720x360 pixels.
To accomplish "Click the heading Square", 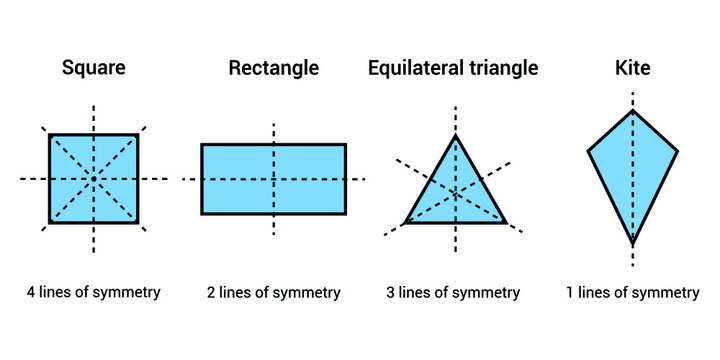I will [x=93, y=69].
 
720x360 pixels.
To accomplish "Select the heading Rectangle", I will [x=274, y=69].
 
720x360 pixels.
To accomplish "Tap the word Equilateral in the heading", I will [x=412, y=69].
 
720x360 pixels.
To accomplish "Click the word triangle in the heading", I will [x=501, y=69].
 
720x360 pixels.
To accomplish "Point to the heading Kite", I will [x=632, y=69].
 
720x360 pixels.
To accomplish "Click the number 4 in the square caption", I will [x=32, y=293].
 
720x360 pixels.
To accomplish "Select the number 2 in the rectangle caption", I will [x=212, y=293].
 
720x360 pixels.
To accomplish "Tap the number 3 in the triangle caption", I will [x=391, y=293].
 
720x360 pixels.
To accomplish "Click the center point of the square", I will [x=94, y=178].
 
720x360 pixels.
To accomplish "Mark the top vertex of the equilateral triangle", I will [x=456, y=136].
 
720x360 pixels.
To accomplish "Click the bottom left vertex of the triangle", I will [x=405, y=222].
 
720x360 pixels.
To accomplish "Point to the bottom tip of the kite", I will [x=632, y=244].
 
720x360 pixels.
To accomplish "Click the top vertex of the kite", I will [x=632, y=110].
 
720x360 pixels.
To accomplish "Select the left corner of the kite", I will [x=588, y=151].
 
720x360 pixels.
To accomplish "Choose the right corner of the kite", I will [x=677, y=151].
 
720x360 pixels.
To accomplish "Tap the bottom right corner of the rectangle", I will [x=346, y=213].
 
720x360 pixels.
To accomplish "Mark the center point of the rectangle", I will [x=274, y=179].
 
